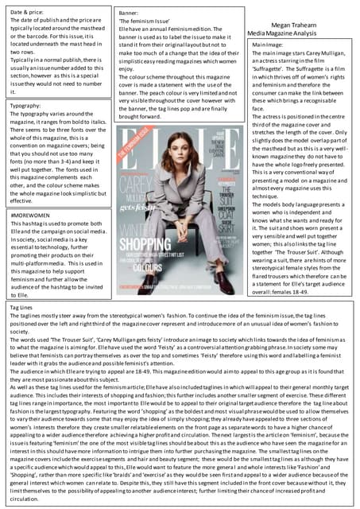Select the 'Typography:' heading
[x=26, y=105]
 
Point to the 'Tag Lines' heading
[x=21, y=305]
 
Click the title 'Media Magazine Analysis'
[x=288, y=35]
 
